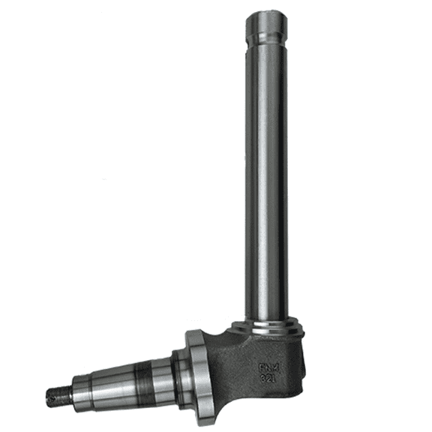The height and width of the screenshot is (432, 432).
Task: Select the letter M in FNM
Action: [275, 368]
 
